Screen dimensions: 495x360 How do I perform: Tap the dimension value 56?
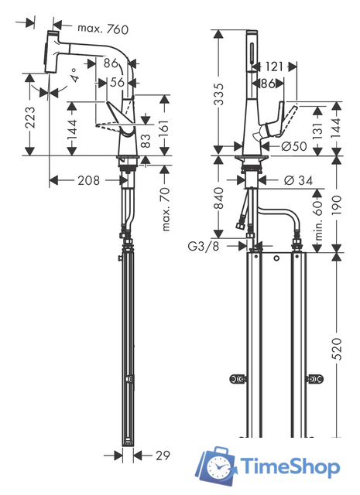(116, 81)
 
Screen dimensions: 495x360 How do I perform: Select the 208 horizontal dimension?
(88, 180)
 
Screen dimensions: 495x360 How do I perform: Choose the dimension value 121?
(274, 67)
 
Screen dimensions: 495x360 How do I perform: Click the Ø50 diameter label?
(295, 145)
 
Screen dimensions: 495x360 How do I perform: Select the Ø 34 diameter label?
(297, 180)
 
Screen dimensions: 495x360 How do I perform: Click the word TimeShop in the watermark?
(289, 468)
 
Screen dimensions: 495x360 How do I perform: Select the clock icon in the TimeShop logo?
(219, 466)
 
